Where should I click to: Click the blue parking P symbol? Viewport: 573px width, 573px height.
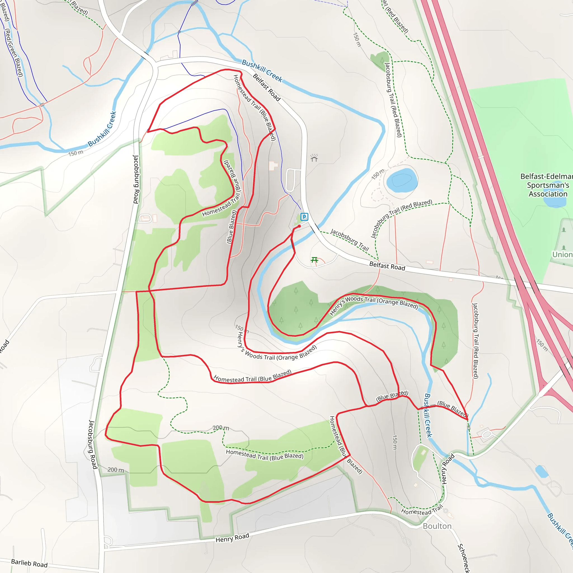304,217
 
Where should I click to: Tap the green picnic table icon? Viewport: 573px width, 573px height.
314,260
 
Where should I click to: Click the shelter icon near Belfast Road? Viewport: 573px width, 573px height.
314,158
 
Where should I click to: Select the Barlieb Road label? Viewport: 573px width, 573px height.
29,563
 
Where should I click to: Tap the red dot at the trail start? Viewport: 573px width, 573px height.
299,226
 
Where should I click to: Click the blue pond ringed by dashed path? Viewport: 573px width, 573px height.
402,180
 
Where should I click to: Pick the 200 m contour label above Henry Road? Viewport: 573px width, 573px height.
115,470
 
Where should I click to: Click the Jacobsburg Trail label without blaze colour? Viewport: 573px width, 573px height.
349,240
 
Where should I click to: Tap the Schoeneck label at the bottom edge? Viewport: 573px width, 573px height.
464,558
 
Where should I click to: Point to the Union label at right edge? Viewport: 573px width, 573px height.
562,255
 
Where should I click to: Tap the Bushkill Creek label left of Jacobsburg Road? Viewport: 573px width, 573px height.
102,129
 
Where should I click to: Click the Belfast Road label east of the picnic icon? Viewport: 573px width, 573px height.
387,266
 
